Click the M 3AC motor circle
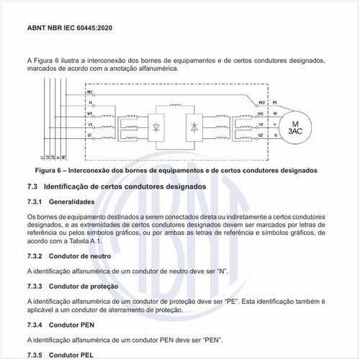click(295, 127)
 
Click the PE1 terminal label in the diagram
click(90, 93)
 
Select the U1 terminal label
click(90, 135)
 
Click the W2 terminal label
click(261, 113)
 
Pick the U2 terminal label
click(261, 135)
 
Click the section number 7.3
click(32, 186)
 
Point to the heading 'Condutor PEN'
click(72, 325)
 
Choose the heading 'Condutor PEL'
click(72, 355)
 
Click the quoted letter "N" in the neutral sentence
click(222, 271)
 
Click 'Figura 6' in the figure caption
click(50, 171)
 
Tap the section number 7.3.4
click(35, 325)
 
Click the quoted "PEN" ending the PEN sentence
click(212, 339)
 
